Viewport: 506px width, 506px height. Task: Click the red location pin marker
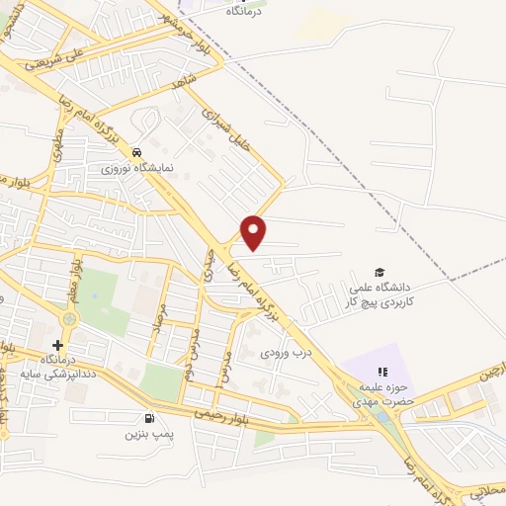[254, 231]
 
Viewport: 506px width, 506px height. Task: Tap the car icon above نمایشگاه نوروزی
[137, 152]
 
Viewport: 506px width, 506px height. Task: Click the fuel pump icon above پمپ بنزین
[149, 417]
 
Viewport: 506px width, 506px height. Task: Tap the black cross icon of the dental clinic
[57, 345]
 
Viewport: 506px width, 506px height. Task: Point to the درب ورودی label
[281, 351]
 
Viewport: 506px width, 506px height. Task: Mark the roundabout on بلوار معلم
[68, 318]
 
